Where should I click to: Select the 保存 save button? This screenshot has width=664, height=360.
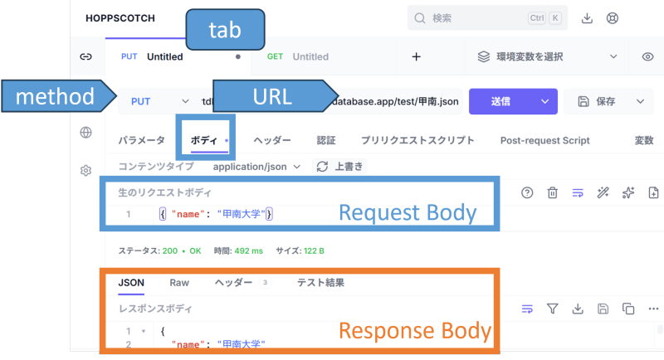coord(598,101)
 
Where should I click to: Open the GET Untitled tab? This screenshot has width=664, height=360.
coord(298,56)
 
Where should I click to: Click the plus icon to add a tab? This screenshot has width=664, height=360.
coord(417,56)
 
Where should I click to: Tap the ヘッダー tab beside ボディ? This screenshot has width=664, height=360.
coord(272,140)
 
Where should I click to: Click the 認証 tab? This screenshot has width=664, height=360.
coord(326,140)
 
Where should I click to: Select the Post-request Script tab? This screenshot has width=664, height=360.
coord(544,140)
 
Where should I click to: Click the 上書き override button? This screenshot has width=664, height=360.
coord(340,166)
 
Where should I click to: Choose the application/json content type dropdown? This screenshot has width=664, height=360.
coord(256,166)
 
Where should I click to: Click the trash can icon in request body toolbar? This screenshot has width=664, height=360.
coord(552,192)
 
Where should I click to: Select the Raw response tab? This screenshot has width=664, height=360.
coord(179,282)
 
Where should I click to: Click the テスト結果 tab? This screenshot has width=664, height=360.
coord(320,282)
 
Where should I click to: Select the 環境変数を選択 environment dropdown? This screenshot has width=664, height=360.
coord(548,56)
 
